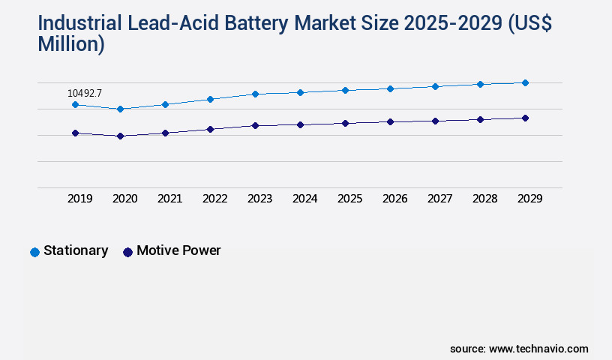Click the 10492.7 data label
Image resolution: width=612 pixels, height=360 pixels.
84,93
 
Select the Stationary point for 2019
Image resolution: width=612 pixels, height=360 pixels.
75,104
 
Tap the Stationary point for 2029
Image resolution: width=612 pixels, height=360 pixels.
525,82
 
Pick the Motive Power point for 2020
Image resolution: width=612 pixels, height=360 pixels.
120,136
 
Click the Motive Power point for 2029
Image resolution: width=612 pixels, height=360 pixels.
525,118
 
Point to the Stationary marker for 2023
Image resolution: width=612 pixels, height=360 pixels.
255,94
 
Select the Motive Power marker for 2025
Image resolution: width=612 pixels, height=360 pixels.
345,123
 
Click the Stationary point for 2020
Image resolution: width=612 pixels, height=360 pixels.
120,109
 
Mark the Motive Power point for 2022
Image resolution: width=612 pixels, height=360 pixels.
210,129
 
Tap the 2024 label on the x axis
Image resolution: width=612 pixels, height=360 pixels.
304,199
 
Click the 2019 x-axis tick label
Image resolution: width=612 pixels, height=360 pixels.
79,199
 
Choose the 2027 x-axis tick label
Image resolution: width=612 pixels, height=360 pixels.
439,199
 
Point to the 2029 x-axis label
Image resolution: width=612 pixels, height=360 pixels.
529,199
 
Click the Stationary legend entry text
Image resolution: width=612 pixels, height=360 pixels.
76,250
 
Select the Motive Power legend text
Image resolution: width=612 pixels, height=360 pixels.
178,250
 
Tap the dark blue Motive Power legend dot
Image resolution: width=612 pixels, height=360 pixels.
127,252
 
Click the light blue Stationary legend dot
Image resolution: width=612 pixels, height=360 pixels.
34,252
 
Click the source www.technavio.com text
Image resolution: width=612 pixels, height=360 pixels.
519,349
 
